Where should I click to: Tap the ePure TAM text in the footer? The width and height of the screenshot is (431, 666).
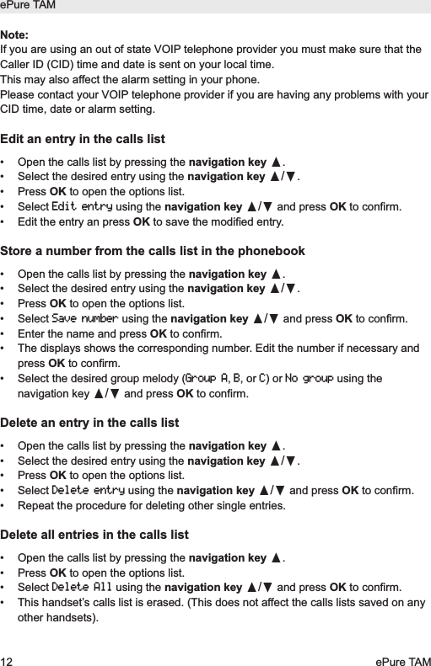tap(401, 656)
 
